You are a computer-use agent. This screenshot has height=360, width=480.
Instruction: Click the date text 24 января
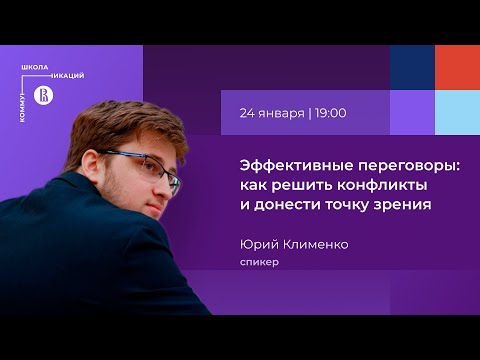(272, 113)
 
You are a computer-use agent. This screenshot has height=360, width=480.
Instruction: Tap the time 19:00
(330, 113)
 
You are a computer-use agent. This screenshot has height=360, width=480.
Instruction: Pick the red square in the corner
(457, 68)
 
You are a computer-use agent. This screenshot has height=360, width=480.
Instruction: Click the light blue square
(457, 112)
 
